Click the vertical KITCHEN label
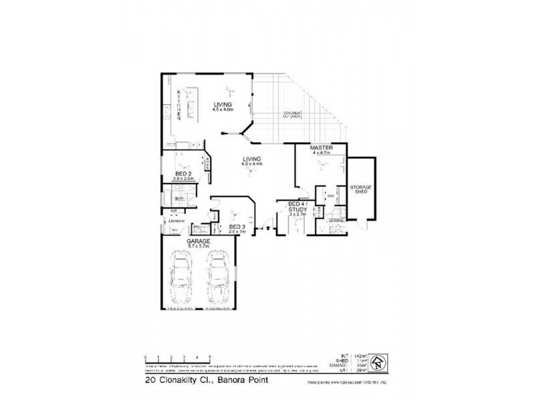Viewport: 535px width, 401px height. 179,105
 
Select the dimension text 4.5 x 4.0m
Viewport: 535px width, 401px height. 223,110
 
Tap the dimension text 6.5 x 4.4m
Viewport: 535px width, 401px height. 252,164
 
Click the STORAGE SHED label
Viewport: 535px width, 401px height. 362,191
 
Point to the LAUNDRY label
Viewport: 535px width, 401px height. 176,221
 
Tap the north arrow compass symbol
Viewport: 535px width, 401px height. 380,362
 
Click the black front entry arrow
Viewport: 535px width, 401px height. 267,228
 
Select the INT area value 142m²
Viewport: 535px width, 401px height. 358,355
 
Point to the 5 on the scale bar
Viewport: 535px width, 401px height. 211,356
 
